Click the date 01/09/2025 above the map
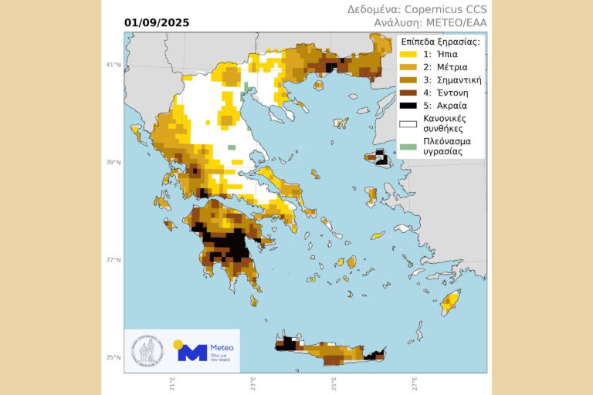click(x=156, y=22)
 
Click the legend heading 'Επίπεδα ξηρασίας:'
click(x=440, y=42)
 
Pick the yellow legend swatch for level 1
click(x=408, y=55)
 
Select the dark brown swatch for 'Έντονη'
click(x=408, y=93)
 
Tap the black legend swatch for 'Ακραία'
click(x=408, y=105)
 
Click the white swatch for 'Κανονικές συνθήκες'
click(x=408, y=123)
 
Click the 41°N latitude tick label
click(x=113, y=65)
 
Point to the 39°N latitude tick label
click(x=113, y=162)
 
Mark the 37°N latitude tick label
click(x=113, y=260)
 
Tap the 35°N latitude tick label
click(x=113, y=357)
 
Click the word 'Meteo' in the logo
click(x=221, y=348)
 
